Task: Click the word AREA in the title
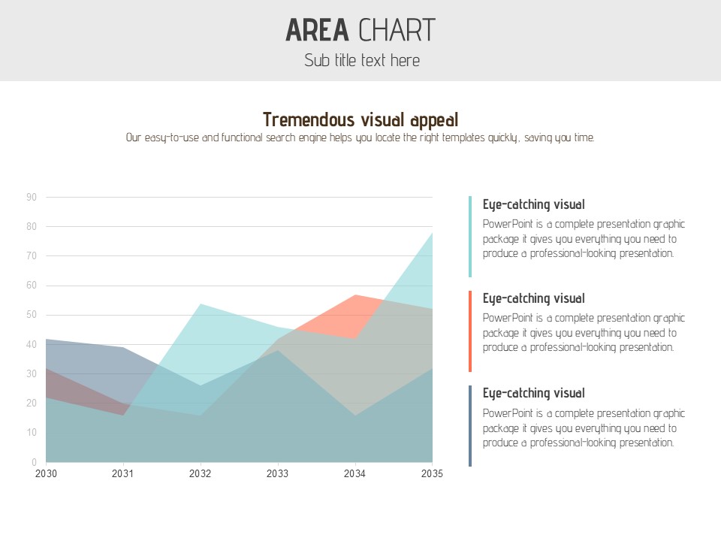317,30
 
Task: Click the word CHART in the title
397,30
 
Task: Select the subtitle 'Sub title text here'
361,61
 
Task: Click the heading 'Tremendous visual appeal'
360,119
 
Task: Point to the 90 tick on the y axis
32,198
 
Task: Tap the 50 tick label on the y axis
32,315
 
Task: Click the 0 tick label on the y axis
34,462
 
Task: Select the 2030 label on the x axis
46,474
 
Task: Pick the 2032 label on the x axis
200,474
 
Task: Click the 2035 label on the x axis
432,474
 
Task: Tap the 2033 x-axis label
277,474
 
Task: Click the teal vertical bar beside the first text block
470,237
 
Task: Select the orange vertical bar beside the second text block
470,331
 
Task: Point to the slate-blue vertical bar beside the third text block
470,426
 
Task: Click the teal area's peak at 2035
432,234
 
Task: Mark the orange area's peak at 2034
354,295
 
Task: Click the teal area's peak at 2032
200,304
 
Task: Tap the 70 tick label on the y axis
32,256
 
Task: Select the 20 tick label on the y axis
32,403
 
